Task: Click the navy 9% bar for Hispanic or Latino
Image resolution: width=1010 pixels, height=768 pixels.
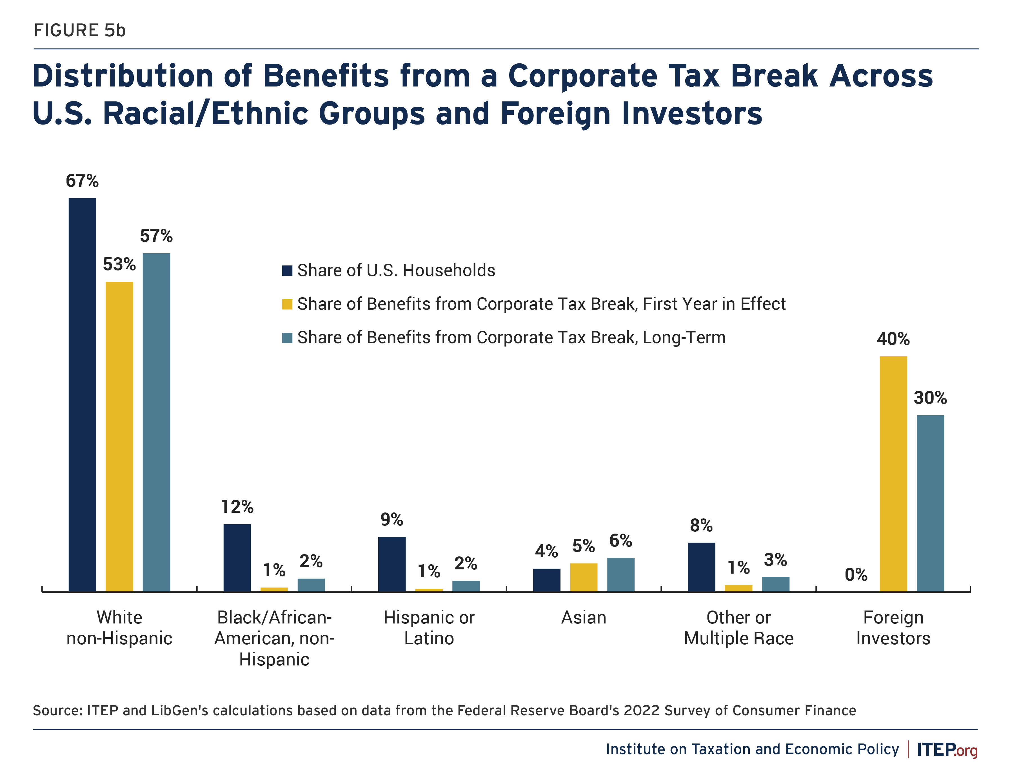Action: pos(392,564)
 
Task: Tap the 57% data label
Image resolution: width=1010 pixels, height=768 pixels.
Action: pos(156,236)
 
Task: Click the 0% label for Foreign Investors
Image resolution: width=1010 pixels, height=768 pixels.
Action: pos(856,575)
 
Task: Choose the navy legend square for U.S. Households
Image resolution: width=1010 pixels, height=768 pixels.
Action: pos(287,271)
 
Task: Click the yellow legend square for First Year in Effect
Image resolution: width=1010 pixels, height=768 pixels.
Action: pos(287,304)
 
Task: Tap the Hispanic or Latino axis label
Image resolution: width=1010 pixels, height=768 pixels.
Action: pos(429,628)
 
